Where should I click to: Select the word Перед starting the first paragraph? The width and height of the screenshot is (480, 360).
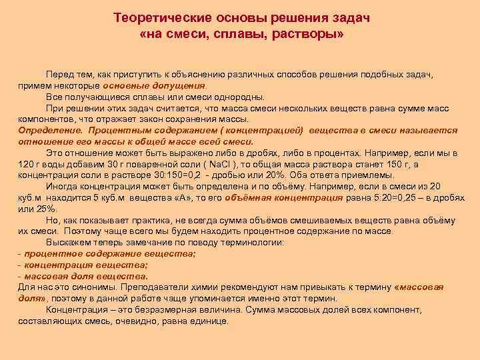[x=59, y=75]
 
